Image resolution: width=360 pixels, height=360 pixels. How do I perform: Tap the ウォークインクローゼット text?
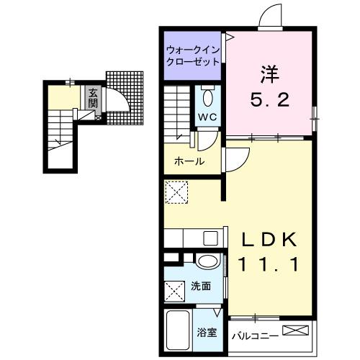coord(192,56)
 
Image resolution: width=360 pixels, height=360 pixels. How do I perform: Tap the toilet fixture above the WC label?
coord(207,96)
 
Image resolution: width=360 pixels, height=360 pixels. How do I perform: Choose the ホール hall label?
coord(189,161)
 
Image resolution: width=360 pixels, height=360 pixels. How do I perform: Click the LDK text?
coord(269,240)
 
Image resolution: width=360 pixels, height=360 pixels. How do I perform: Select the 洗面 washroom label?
coord(202,286)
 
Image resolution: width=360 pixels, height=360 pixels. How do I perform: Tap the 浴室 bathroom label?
coord(206,333)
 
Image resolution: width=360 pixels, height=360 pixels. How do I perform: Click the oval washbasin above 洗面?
coord(207,262)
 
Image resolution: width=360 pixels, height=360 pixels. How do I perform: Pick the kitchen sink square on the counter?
coord(211,238)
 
